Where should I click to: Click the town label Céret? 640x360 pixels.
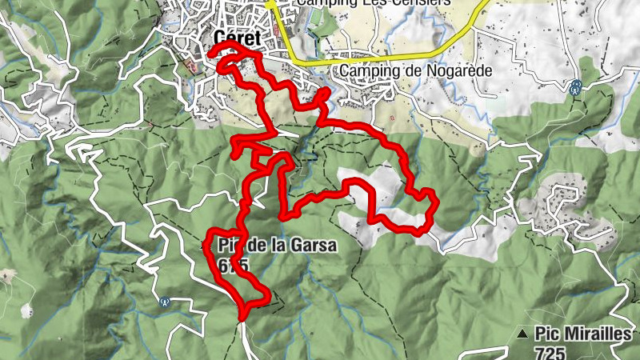(x=240, y=37)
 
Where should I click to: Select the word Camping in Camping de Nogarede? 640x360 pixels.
(x=366, y=70)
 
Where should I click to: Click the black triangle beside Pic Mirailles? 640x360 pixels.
(x=522, y=334)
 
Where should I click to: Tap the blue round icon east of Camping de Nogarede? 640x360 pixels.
(x=575, y=86)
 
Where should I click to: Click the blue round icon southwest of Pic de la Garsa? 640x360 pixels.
(x=165, y=302)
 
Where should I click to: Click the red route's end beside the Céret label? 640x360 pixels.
(x=211, y=53)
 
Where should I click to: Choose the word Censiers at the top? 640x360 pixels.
(x=422, y=2)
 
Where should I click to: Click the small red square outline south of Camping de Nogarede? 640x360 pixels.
(x=394, y=117)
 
